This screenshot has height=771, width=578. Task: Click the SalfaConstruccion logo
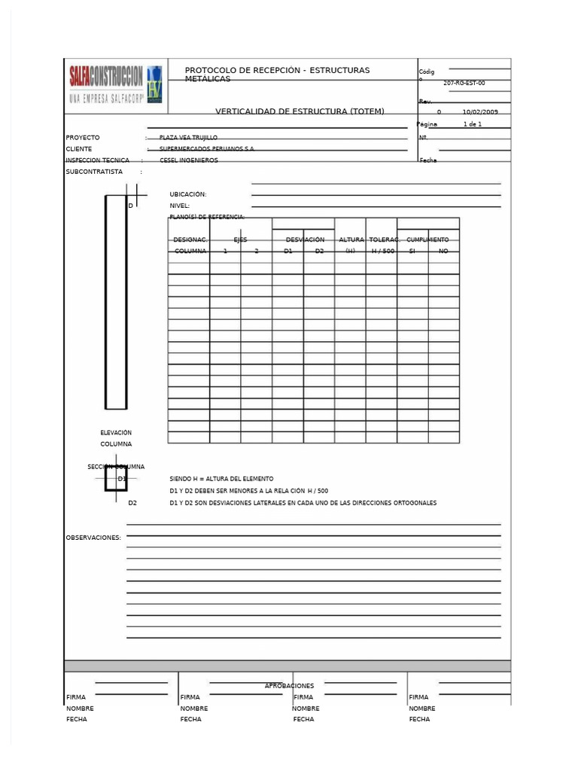coord(114,84)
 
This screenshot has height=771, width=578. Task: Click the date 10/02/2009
coord(481,111)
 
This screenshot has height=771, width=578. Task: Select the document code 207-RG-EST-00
coord(464,84)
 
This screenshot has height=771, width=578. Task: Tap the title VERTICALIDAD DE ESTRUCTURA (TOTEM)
coord(300,111)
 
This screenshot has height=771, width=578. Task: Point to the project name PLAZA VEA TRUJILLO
coord(188,138)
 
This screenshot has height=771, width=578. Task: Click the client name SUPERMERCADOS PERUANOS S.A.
coord(207,149)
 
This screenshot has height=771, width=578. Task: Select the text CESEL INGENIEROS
coord(189,160)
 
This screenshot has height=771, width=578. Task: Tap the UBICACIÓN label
coord(188,194)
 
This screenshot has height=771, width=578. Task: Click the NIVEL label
coord(180,206)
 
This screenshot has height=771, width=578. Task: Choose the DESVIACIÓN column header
coord(305,239)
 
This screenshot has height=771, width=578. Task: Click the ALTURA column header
coord(351,239)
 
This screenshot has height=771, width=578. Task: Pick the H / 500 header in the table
coord(382,251)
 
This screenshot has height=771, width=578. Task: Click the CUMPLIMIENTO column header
coord(427,239)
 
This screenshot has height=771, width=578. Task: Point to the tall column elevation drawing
coord(116,301)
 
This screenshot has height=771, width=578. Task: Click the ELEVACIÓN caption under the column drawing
coord(116,433)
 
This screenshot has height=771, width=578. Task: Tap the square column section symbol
coord(116,480)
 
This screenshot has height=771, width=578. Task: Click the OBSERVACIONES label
coord(94,538)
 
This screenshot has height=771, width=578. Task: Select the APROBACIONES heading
coord(289,686)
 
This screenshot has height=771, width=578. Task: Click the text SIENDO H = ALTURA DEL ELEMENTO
coord(222,479)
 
